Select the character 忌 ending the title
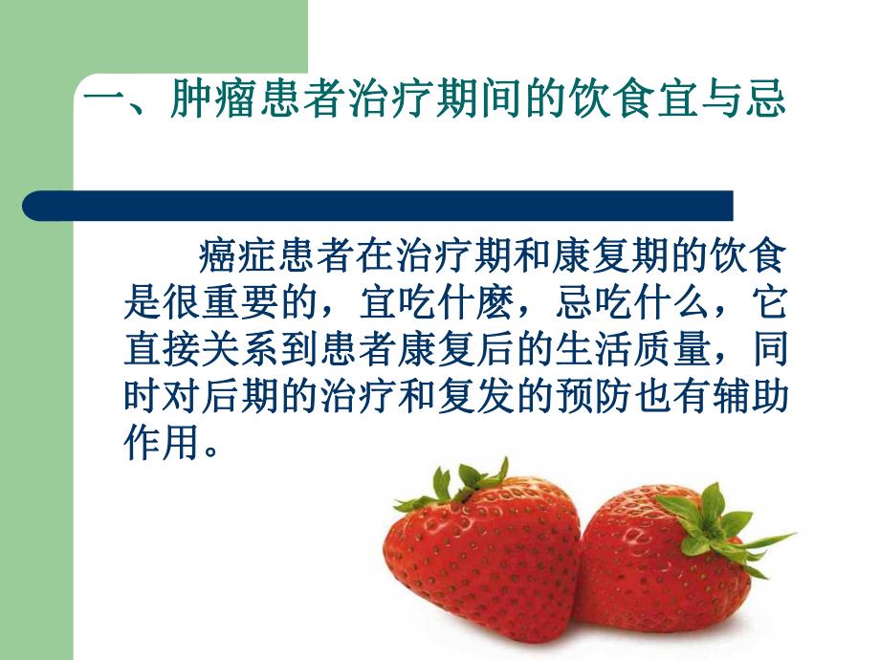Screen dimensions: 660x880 tap(765, 99)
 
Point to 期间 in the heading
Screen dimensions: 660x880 tap(508, 99)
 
